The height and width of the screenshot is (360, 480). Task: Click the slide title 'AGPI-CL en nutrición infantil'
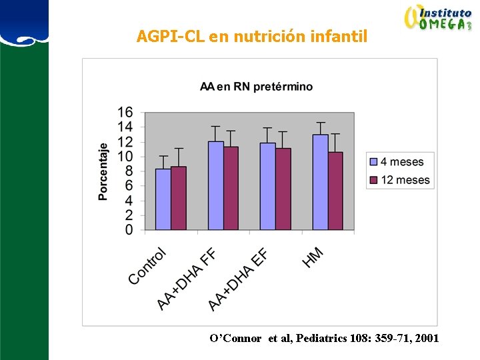[x=251, y=36]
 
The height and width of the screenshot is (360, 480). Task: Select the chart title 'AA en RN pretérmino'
[x=257, y=87]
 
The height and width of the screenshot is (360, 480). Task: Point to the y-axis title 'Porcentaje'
[x=103, y=171]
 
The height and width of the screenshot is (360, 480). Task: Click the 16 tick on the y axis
[x=125, y=112]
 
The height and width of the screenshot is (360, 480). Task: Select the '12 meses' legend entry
[x=400, y=180]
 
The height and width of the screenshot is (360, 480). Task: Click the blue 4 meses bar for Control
[x=163, y=199]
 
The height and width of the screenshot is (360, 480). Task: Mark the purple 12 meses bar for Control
[x=179, y=198]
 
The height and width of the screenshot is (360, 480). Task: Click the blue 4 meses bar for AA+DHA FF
[x=215, y=185]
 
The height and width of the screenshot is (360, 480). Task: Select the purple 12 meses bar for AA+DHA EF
[x=283, y=189]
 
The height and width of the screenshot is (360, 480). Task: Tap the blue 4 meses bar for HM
[x=320, y=182]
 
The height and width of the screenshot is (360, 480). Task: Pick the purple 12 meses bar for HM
[x=335, y=191]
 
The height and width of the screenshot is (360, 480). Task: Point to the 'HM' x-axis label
[x=313, y=257]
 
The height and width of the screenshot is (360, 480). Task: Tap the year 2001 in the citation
[x=427, y=339]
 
